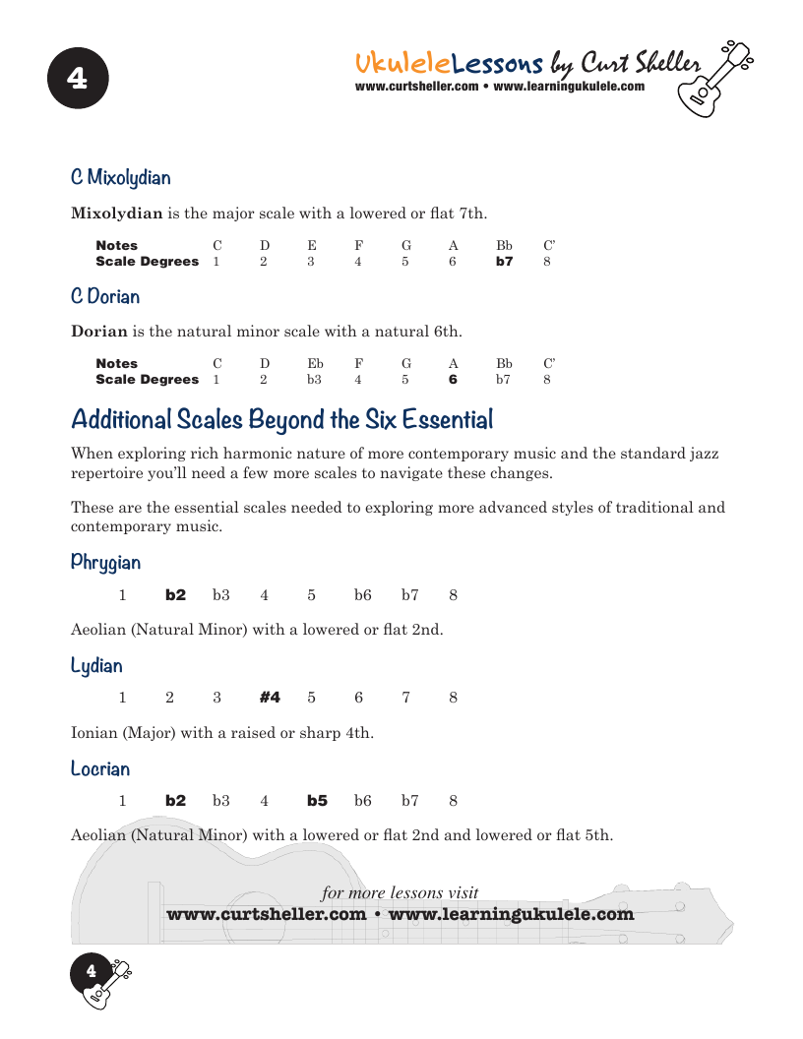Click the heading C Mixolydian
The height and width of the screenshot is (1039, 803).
pyautogui.click(x=120, y=178)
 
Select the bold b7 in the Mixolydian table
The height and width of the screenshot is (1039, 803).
pyautogui.click(x=504, y=262)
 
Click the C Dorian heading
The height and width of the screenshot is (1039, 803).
pyautogui.click(x=105, y=296)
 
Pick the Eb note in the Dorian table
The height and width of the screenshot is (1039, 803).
pyautogui.click(x=315, y=364)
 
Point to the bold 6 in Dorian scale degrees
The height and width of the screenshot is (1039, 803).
pyautogui.click(x=453, y=380)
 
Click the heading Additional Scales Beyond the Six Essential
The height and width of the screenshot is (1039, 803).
pyautogui.click(x=282, y=420)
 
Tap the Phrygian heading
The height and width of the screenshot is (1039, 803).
pyautogui.click(x=105, y=563)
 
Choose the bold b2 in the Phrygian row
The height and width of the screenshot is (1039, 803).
pyautogui.click(x=175, y=595)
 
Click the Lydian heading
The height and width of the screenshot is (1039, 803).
pyautogui.click(x=96, y=666)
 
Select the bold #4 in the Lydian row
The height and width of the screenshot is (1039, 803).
pyautogui.click(x=270, y=698)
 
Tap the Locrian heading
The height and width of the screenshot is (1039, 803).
pyautogui.click(x=100, y=768)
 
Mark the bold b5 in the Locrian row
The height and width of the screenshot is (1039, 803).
pyautogui.click(x=317, y=801)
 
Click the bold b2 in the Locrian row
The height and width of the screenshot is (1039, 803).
pyautogui.click(x=175, y=801)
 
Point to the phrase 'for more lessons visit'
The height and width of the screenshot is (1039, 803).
pyautogui.click(x=400, y=893)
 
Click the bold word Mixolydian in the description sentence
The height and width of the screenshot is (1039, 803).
pyautogui.click(x=116, y=214)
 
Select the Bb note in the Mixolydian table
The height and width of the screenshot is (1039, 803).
pyautogui.click(x=504, y=246)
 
